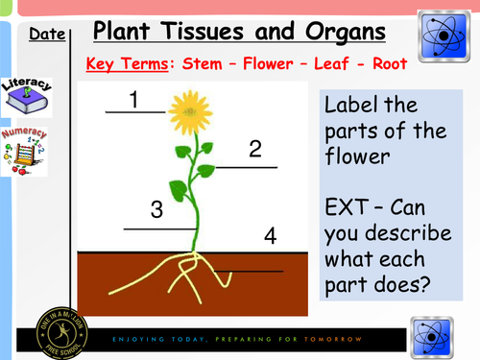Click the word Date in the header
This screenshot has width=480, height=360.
click(46, 36)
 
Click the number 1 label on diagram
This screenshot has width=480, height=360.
click(134, 99)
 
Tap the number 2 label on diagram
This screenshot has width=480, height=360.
click(254, 149)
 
